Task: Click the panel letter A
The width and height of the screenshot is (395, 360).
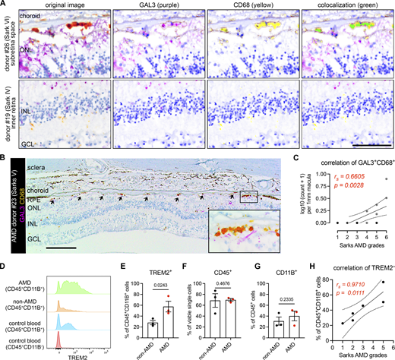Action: tap(4, 5)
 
